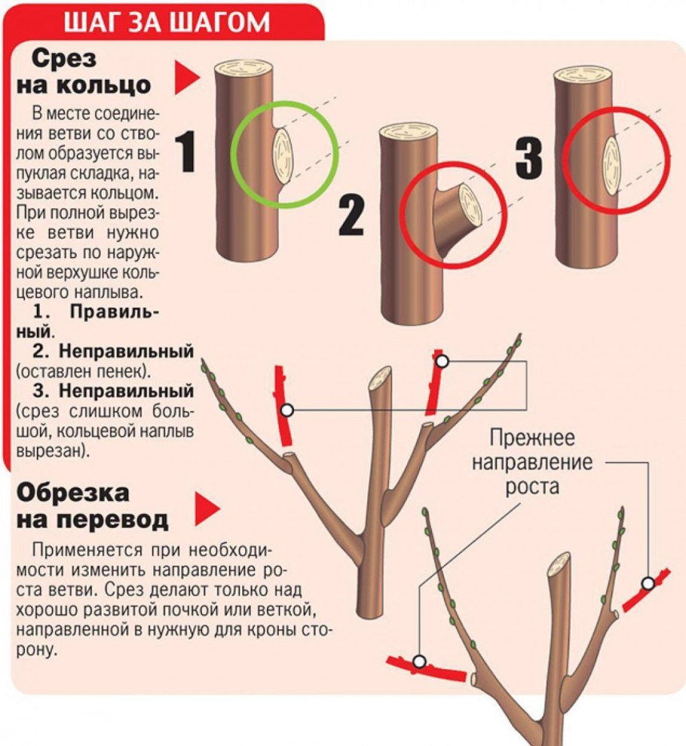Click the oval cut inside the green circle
pyautogui.click(x=283, y=156)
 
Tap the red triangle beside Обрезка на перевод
pyautogui.click(x=207, y=509)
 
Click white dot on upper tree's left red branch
pyautogui.click(x=286, y=410)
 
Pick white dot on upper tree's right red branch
pyautogui.click(x=443, y=361)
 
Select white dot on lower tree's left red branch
pyautogui.click(x=419, y=662)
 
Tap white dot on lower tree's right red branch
pyautogui.click(x=648, y=582)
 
